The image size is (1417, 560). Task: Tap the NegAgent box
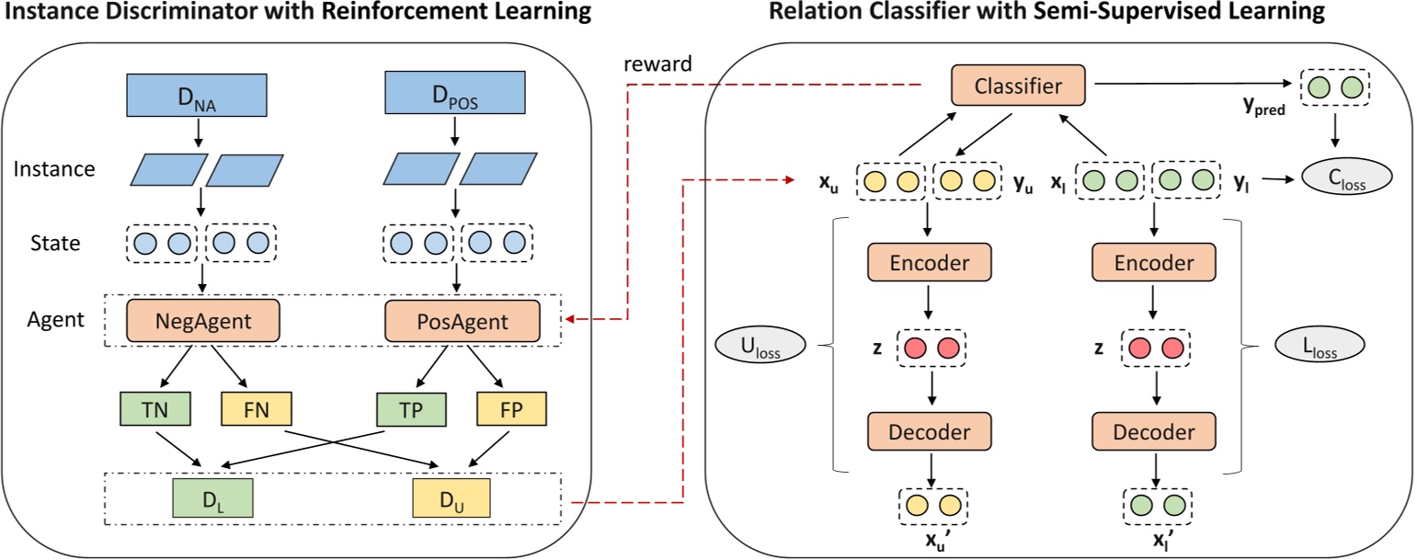[202, 322]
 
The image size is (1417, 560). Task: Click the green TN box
[154, 408]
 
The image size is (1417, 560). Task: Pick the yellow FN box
[256, 408]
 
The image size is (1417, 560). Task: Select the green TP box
[411, 408]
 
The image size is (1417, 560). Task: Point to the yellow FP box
[511, 408]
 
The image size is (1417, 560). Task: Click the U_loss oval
[760, 347]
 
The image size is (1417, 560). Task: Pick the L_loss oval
[1320, 347]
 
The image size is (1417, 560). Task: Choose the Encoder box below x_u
[930, 263]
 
